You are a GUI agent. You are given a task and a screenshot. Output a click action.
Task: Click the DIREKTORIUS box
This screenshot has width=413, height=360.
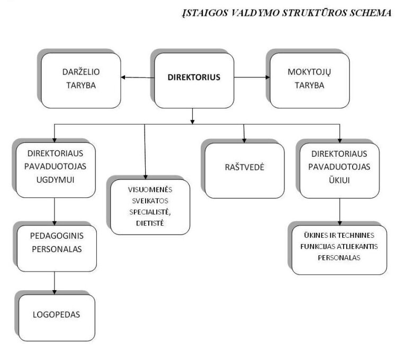tap(194, 80)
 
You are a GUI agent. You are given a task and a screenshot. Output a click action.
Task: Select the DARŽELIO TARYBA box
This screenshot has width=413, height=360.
tap(81, 80)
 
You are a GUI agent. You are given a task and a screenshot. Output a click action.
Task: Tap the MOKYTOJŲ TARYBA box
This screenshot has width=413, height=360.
tap(310, 80)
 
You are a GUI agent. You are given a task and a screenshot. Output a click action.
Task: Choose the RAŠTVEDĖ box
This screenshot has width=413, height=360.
tap(245, 170)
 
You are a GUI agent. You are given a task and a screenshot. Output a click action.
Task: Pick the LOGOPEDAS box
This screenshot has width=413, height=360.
tap(57, 318)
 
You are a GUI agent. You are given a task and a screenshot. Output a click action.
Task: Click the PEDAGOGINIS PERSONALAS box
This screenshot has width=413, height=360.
tap(57, 248)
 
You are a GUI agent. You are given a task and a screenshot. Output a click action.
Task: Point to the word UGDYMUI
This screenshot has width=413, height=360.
tap(55, 180)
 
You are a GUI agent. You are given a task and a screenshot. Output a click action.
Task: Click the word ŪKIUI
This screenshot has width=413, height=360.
tap(339, 180)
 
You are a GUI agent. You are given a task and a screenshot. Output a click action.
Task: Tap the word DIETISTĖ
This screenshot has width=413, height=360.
tap(150, 223)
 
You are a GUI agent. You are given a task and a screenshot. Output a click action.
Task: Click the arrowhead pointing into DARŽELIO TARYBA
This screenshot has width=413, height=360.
tap(123, 77)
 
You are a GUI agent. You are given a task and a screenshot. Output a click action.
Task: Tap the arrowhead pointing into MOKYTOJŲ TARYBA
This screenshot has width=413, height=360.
tap(267, 77)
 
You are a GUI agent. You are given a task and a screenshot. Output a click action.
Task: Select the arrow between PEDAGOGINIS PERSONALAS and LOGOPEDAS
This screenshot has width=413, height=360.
tap(55, 283)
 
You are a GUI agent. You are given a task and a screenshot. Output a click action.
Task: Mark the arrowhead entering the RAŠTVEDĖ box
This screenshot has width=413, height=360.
tap(244, 141)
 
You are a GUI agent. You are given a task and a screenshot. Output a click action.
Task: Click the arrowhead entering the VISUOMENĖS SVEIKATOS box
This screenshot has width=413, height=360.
tap(146, 177)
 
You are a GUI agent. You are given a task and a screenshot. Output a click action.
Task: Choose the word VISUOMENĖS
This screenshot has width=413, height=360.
tap(150, 190)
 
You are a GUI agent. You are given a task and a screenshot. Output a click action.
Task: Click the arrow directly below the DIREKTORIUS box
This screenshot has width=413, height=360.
tap(193, 116)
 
